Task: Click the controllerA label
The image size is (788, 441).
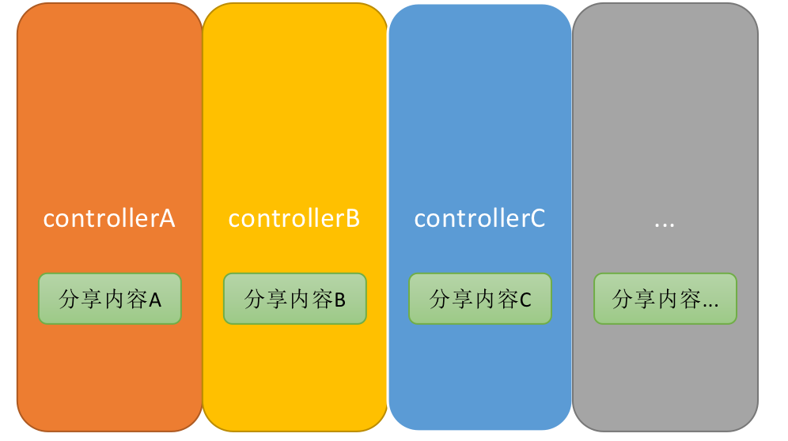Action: click(109, 219)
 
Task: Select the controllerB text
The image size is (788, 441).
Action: click(294, 219)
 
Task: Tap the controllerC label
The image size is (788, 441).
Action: click(479, 219)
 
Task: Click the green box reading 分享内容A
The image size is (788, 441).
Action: click(110, 299)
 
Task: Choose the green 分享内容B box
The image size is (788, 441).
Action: click(295, 299)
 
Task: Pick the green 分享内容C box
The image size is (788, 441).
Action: click(480, 299)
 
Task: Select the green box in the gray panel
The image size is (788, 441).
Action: click(665, 299)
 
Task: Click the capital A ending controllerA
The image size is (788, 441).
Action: click(167, 219)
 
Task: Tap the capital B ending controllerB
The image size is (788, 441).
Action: click(353, 219)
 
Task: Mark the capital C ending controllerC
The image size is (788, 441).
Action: click(537, 219)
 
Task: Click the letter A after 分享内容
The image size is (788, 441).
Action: click(155, 300)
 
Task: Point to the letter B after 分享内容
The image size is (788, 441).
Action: click(340, 300)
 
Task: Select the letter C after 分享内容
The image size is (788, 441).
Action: click(525, 300)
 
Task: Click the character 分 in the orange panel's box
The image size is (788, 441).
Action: click(69, 300)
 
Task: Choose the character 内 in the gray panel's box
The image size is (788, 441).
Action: click(669, 300)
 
